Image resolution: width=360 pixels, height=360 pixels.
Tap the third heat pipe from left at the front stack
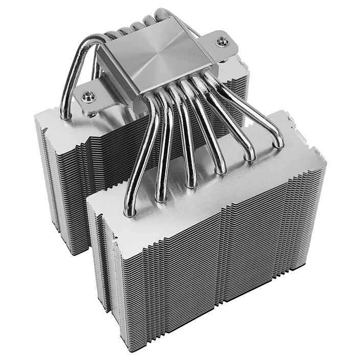190,183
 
